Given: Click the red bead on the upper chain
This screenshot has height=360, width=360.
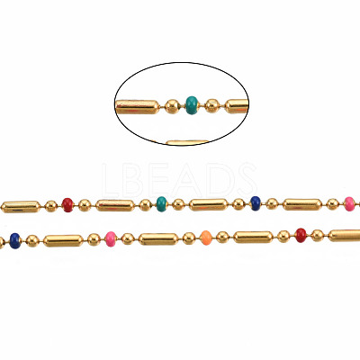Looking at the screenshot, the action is coord(67,205).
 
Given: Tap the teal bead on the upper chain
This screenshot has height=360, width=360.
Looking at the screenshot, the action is coord(162,204).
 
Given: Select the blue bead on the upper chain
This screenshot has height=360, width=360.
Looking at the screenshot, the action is coord(256,203).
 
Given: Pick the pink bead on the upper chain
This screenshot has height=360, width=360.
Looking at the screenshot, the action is coord(349,204).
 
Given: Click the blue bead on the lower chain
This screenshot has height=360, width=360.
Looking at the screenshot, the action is coord(15,241).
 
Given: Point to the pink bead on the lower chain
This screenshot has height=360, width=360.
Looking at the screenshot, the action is coord(111,239).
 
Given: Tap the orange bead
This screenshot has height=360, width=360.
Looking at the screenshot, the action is coord(206,238).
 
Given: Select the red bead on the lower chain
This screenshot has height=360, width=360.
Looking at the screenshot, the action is coord(301,235).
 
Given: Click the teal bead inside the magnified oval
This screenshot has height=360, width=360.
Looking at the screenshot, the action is coord(192,105).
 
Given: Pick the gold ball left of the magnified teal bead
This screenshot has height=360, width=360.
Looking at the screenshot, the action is coord(172,106).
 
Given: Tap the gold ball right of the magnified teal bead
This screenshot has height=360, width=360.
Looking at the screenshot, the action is coord(212,105).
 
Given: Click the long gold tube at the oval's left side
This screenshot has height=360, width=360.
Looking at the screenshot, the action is coord(138,107).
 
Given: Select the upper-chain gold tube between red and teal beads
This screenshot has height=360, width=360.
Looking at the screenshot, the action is coord(115,205).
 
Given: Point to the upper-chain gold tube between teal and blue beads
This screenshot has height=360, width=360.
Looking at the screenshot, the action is coord(209,204).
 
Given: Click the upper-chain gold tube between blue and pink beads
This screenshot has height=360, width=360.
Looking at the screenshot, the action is coord(302,204).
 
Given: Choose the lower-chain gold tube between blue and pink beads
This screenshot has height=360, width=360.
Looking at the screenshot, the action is coord(63,240).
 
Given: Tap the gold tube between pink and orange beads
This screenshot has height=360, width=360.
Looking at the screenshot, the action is coord(158,239).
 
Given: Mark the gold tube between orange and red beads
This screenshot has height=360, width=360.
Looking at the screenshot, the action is coord(254,237).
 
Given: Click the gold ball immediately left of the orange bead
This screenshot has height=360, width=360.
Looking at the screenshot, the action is coord(189,238).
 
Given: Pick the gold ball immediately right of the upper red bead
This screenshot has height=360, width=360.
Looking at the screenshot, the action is coord(85,205).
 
